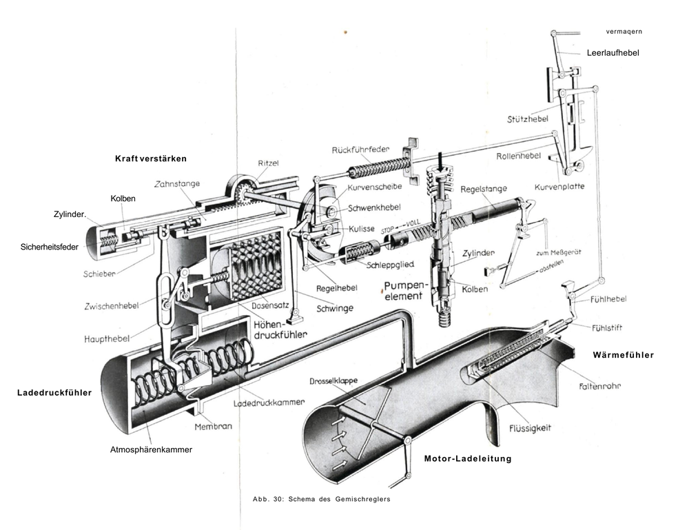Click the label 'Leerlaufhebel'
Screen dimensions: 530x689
tap(613, 52)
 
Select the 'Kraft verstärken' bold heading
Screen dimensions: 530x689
tap(151, 159)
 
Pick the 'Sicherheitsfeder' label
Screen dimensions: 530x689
tap(49, 246)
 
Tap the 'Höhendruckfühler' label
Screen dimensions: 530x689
tap(280, 329)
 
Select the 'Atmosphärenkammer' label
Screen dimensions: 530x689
tap(151, 450)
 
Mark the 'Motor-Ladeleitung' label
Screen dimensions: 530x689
tap(468, 458)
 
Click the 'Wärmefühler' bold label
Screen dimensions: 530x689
tap(623, 355)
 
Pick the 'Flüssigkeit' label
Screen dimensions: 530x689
tap(528, 428)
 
